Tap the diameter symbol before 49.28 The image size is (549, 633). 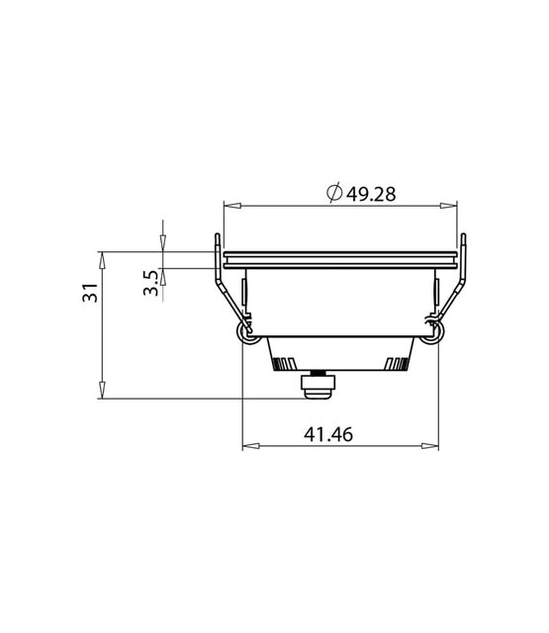tap(333, 194)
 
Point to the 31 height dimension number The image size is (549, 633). tap(89, 294)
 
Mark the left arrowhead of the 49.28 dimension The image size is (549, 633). tap(229, 206)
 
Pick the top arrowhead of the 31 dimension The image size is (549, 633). tap(101, 257)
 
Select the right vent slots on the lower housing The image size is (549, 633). tap(397, 362)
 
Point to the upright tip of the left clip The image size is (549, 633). tap(216, 237)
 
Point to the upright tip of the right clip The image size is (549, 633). tap(463, 237)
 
